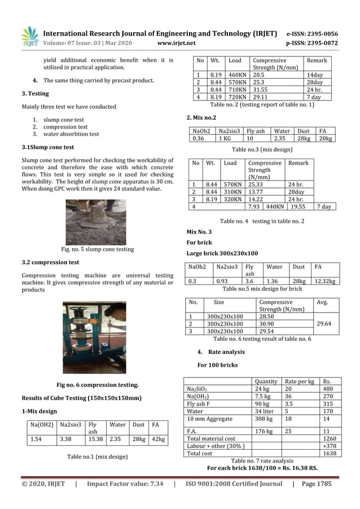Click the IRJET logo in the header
tap(30, 37)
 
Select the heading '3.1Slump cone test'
tap(47, 147)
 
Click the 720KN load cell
tap(237, 97)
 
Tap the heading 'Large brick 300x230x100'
tap(222, 253)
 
